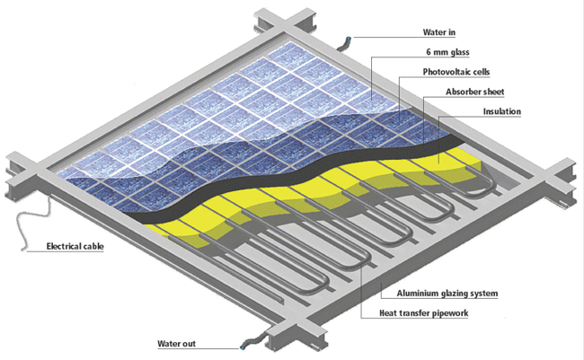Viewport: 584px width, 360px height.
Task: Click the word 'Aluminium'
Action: pos(407,294)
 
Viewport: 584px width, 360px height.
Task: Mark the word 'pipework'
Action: pos(448,313)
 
